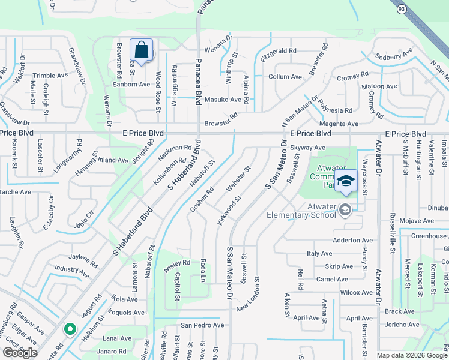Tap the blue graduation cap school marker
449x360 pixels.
pyautogui.click(x=346, y=181)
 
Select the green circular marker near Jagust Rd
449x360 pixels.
pyautogui.click(x=70, y=329)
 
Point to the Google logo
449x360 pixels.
pyautogui.click(x=20, y=353)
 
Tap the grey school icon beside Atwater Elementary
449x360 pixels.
pyautogui.click(x=345, y=209)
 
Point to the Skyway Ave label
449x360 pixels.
pyautogui.click(x=307, y=148)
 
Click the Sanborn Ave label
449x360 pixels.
pyautogui.click(x=131, y=85)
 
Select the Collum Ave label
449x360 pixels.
pyautogui.click(x=285, y=77)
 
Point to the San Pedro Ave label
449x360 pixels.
pyautogui.click(x=203, y=325)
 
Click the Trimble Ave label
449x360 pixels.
pyautogui.click(x=50, y=75)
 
